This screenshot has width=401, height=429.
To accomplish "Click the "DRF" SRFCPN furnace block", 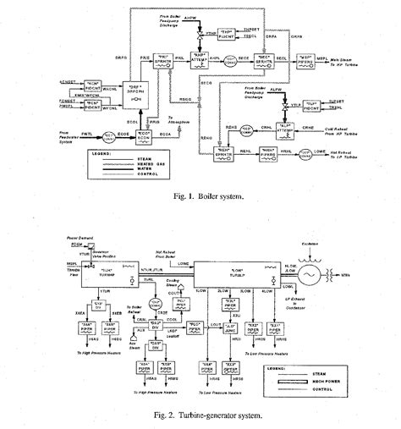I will click(132, 87).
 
